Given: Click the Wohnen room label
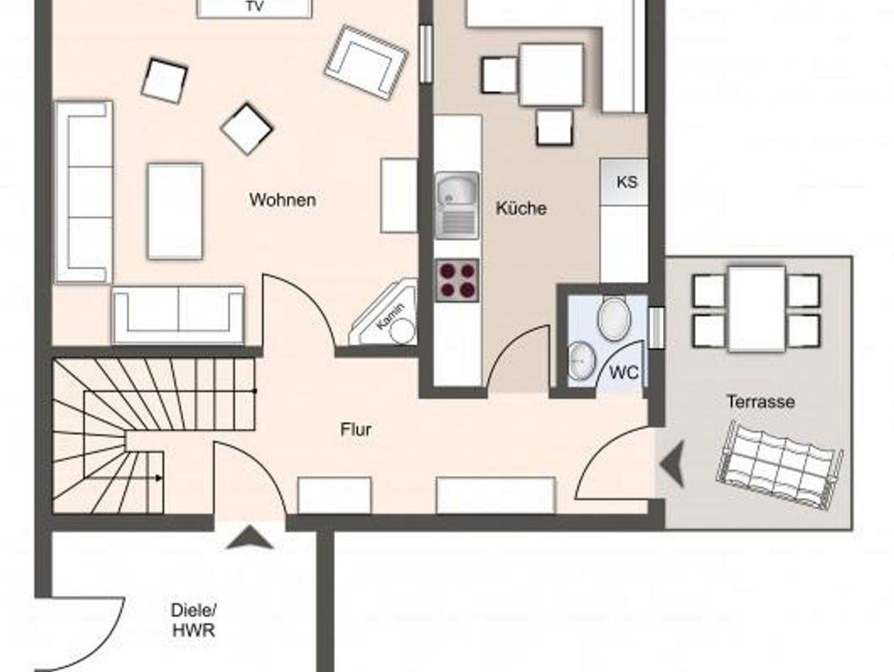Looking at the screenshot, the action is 283,200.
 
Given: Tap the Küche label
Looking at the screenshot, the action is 521,208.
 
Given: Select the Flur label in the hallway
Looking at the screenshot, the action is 356,430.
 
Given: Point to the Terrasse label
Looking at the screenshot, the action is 760,402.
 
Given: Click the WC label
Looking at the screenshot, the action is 624,373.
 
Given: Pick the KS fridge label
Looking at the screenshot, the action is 627,182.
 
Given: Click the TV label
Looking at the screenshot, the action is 255,7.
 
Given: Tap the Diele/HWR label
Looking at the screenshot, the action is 193,620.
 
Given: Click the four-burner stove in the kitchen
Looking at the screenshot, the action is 457,280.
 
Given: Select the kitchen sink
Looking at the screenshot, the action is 457,205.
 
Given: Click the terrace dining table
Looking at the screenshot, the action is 757,308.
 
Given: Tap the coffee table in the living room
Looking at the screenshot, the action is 175,211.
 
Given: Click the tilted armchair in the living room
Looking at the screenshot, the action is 366,62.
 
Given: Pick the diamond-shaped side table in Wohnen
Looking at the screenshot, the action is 247,128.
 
